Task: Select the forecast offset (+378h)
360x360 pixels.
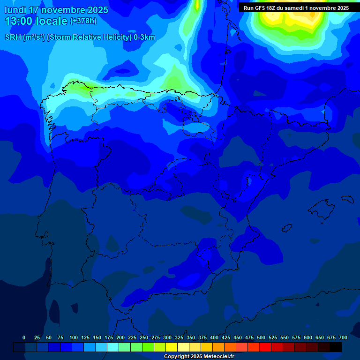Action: click(x=83, y=21)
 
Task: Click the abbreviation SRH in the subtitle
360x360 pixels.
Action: click(x=13, y=37)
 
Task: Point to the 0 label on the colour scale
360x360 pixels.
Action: click(x=24, y=337)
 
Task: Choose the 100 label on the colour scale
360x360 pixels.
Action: click(x=74, y=337)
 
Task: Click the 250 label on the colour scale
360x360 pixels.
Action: click(x=144, y=337)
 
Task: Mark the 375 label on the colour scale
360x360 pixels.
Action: click(x=202, y=337)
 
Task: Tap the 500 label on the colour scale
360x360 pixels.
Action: click(x=261, y=337)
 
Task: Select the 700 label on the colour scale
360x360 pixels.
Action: click(x=343, y=337)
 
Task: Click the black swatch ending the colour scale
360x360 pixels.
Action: click(x=336, y=347)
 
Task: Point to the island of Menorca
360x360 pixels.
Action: click(x=347, y=199)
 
